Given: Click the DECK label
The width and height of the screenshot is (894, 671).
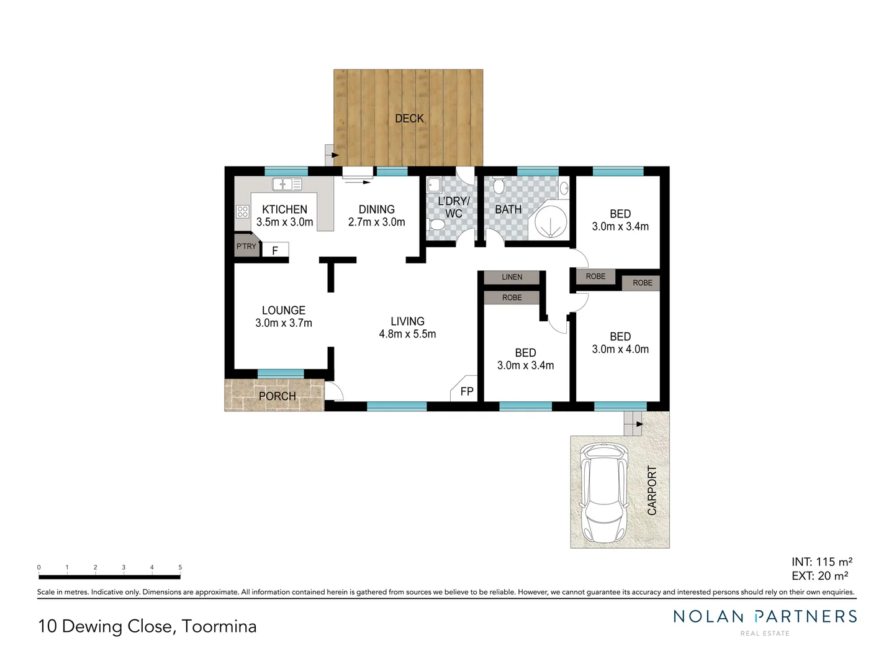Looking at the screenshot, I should coord(409,118).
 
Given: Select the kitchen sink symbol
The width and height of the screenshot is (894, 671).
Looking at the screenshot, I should coord(286,184).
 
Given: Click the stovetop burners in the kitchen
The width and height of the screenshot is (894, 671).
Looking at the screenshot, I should coord(242,211).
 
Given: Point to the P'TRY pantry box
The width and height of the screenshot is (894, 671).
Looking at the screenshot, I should coord(246,246).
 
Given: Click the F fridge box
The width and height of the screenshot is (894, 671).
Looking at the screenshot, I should coord(275,250).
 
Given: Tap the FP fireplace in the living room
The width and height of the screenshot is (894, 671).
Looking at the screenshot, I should coord(466,390).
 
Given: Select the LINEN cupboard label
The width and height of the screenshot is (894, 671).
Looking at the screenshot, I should coord(512,277).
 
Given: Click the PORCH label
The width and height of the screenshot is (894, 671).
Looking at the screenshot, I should coord(277,396).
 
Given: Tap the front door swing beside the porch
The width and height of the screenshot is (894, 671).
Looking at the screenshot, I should coord(334,391).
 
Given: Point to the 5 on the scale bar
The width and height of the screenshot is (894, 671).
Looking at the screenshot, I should coord(180,567).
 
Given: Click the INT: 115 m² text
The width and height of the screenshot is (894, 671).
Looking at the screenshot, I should coord(821,562).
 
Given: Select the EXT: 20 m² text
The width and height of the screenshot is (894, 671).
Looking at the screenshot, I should coord(819,576).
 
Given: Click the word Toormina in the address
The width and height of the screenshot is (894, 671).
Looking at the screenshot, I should coord(219,626).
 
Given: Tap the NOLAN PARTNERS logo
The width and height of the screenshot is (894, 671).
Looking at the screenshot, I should coord(765,617).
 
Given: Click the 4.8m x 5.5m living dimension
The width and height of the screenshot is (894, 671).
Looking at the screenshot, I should coord(407,334).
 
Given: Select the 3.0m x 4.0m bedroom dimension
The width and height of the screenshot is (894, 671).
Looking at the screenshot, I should coord(620,349).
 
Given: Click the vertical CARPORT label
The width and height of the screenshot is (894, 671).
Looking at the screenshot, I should coord(652,490).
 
